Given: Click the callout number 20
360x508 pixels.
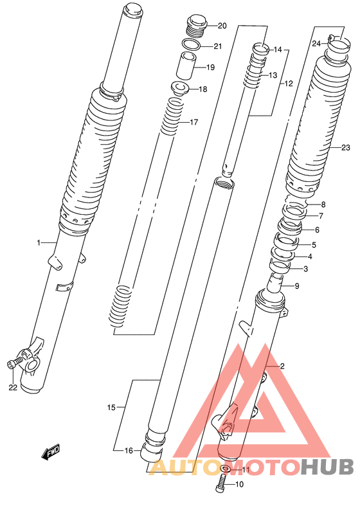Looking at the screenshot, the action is [222, 26].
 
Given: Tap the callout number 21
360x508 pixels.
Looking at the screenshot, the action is [218, 46].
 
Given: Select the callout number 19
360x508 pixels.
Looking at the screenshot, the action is [211, 68].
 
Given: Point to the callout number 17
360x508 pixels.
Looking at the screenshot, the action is [194, 122].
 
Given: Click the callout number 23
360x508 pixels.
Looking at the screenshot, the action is [346, 148].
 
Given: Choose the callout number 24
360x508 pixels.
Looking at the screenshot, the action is [316, 44].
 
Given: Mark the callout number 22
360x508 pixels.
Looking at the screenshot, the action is [13, 387].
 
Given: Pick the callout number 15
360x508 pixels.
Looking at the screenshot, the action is [111, 408].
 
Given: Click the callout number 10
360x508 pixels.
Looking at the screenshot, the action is [239, 485].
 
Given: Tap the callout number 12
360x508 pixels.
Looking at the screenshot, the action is [289, 84].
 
